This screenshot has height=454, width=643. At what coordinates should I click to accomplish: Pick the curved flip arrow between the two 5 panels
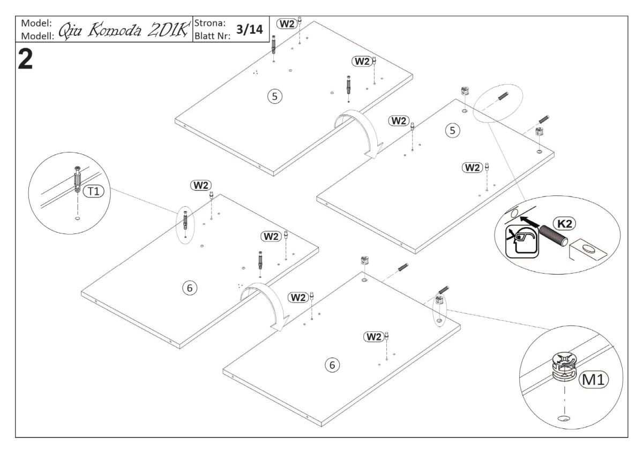point(356,131)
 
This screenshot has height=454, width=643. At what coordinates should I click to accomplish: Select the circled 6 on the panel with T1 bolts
point(189,288)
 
